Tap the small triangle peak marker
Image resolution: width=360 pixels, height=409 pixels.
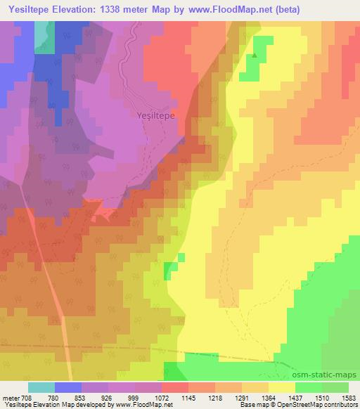click(x=255, y=55)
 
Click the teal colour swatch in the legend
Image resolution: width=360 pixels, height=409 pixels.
click(x=41, y=387)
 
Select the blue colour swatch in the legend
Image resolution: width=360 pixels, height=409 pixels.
click(x=68, y=387)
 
